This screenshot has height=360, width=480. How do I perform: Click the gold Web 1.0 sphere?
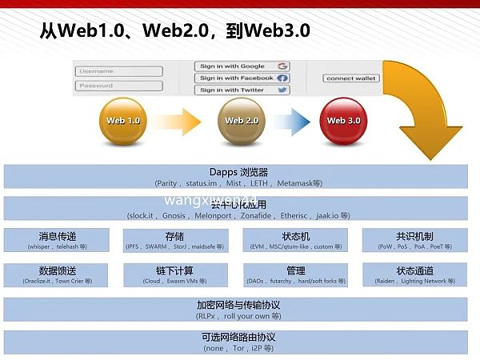123,122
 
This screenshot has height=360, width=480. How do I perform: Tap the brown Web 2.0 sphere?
242,122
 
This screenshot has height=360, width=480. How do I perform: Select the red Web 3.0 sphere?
343,122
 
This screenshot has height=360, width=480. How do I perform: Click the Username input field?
118,71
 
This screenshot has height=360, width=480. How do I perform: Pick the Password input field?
118,86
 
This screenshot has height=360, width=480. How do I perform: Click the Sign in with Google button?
242,66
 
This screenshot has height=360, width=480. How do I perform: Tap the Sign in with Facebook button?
242,78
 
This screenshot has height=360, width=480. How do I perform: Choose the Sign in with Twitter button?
242,90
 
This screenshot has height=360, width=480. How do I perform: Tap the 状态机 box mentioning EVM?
295,240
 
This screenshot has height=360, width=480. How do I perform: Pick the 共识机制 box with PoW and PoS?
414,240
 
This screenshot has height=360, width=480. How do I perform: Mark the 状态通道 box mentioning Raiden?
414,275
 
